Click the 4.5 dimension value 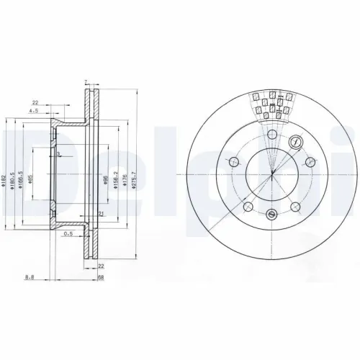[33, 112]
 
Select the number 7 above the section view [85, 82]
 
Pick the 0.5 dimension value [68, 234]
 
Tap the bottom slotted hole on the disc [271, 214]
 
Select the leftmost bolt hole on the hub [233, 162]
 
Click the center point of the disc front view [272, 175]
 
